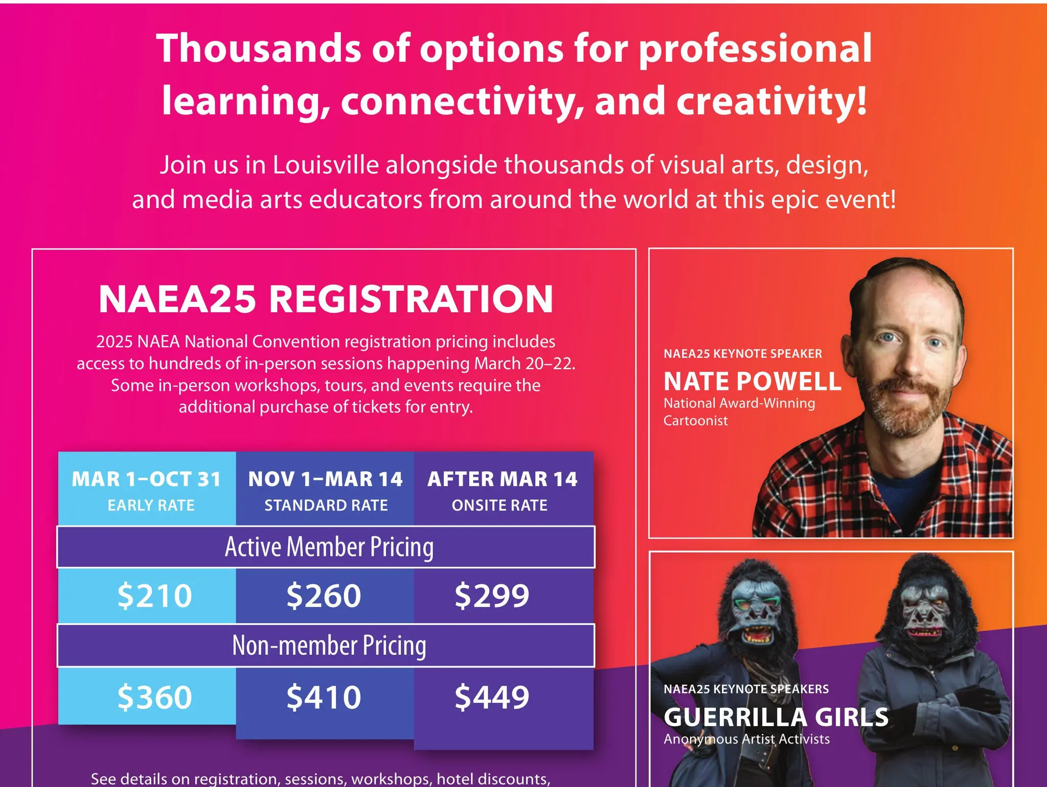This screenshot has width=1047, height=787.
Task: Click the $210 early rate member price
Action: [154, 596]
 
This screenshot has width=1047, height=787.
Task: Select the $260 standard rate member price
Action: [324, 596]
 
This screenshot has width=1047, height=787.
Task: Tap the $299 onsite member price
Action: [492, 596]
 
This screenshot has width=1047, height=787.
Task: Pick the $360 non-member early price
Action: [154, 697]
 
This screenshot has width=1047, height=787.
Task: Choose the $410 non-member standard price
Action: [324, 697]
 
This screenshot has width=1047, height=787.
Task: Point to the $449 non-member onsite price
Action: [492, 697]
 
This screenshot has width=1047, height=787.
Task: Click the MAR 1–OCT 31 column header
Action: [147, 479]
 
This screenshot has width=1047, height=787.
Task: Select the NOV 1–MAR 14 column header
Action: [325, 479]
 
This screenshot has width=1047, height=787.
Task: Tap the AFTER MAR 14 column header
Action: [503, 479]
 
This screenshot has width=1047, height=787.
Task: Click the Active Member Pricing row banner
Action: [329, 547]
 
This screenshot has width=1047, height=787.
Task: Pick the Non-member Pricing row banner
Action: [329, 645]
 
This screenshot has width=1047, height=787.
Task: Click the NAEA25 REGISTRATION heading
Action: [326, 299]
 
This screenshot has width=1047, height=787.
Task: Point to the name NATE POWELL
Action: [752, 381]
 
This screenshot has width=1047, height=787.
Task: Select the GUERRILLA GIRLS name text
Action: [776, 717]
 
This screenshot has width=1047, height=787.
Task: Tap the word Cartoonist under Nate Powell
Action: [695, 421]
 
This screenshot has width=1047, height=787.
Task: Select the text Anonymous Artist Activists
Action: [746, 739]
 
